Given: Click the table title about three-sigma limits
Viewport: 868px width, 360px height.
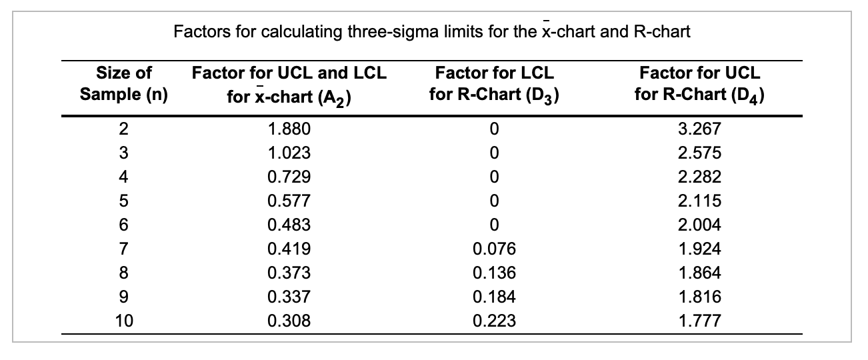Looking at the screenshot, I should click(x=431, y=31).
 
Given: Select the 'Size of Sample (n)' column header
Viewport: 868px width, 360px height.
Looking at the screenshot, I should click(x=124, y=83).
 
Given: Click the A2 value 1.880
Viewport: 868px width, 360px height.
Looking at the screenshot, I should click(x=289, y=129).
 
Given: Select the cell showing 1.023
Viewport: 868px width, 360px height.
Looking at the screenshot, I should click(x=289, y=153).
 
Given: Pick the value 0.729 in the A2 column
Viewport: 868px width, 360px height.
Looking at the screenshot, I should click(x=289, y=177).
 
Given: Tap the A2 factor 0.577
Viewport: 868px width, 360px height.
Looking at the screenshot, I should click(x=289, y=201).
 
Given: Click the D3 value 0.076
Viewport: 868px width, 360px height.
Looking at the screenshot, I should click(x=493, y=249).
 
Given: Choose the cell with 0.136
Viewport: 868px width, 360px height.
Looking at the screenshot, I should click(x=493, y=273).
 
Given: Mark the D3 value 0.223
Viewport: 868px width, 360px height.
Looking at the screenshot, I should click(x=493, y=321).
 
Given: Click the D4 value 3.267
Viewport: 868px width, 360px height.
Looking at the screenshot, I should click(x=699, y=129).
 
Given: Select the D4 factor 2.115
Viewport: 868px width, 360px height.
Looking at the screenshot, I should click(x=699, y=201).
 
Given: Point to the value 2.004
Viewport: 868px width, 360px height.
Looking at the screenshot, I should click(x=699, y=225).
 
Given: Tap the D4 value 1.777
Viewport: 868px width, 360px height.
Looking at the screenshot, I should click(x=699, y=321).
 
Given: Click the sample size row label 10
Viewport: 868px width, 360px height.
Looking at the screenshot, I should click(x=124, y=321).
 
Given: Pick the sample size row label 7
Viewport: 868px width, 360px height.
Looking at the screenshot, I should click(x=124, y=249).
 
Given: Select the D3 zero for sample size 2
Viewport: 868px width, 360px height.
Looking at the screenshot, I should click(x=493, y=129).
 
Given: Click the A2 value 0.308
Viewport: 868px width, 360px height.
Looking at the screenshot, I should click(x=289, y=321).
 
